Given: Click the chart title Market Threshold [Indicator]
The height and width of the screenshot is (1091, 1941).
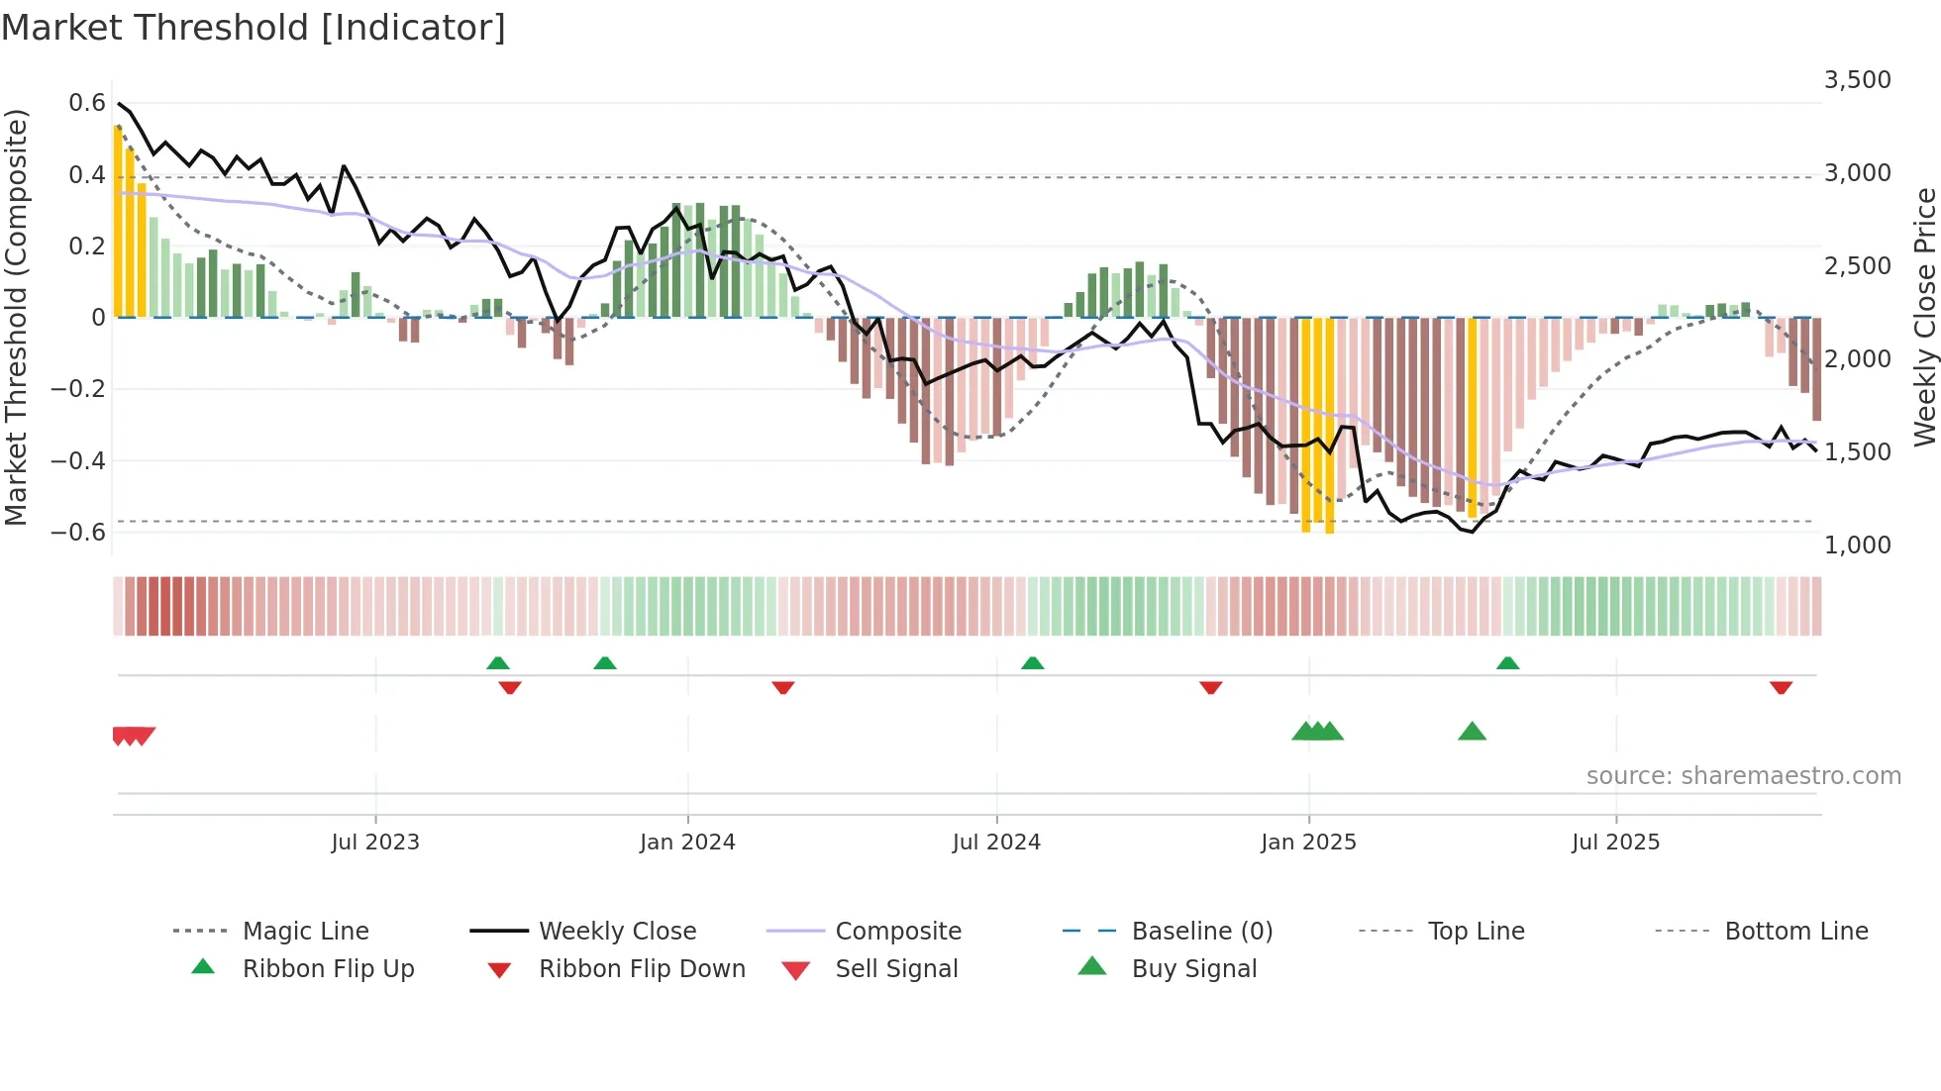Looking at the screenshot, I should [254, 28].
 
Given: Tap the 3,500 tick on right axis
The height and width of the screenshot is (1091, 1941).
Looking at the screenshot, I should [1857, 80].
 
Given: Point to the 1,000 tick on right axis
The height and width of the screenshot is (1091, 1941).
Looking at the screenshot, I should [1857, 545].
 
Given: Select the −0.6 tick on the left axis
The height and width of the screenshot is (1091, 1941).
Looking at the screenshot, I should [78, 533].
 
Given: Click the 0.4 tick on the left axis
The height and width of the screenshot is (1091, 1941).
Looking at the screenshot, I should [86, 175].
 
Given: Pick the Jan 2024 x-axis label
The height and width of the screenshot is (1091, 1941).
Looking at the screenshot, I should [687, 843].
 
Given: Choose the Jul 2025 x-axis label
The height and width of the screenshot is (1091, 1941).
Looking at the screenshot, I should [1615, 843].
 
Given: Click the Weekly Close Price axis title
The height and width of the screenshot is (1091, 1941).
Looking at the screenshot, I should [1924, 317].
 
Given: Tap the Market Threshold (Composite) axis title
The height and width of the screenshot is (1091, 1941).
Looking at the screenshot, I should [16, 317].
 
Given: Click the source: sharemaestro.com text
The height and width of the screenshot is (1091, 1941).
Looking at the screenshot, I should [1743, 776].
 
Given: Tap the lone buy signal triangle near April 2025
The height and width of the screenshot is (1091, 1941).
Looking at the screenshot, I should [1472, 733].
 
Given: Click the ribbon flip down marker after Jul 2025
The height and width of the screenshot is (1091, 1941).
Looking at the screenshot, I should [1781, 687].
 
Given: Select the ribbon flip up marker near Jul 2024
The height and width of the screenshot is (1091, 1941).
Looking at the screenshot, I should [1032, 663].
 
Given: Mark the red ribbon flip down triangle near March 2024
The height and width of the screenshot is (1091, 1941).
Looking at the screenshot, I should [782, 687].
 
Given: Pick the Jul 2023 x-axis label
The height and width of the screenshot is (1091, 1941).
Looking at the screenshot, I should [375, 843].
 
